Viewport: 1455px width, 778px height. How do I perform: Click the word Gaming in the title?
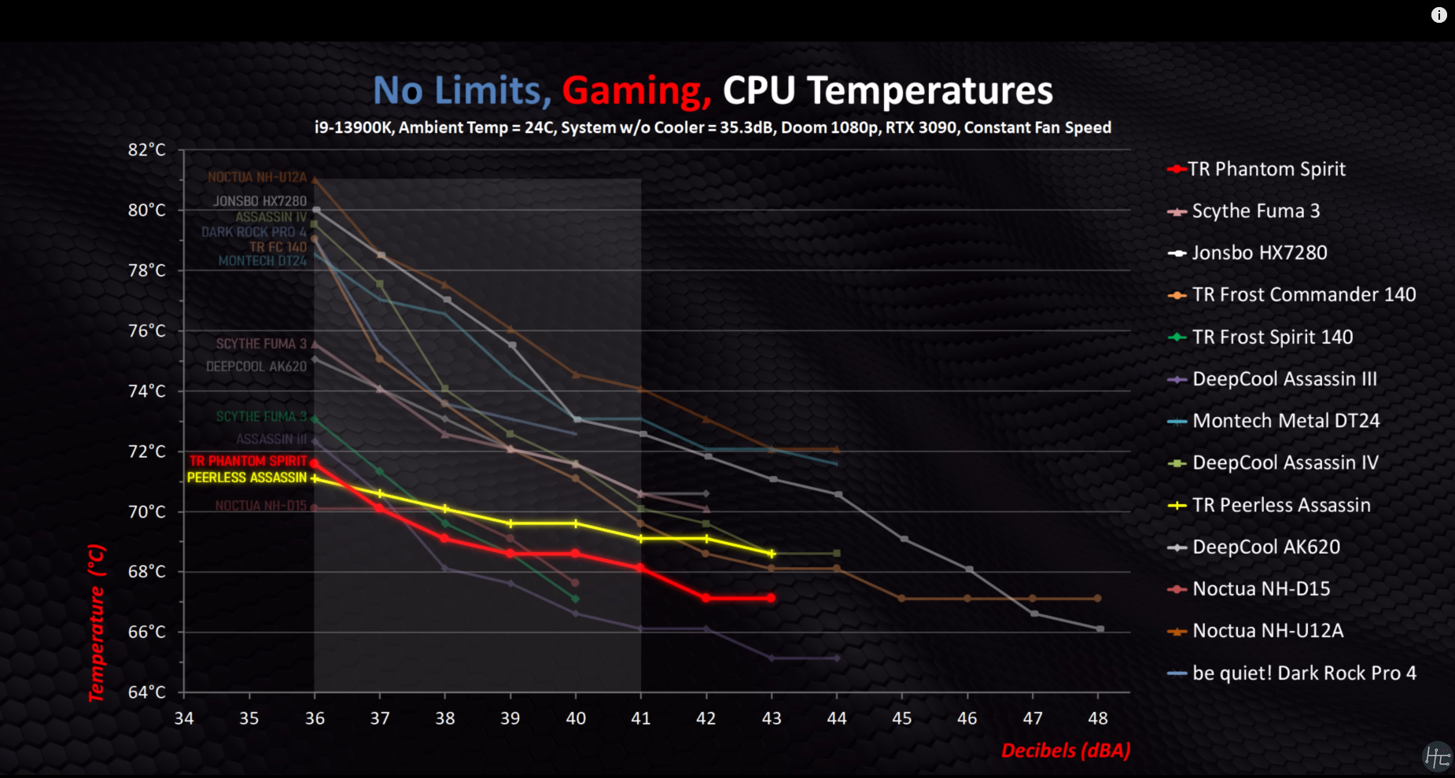(x=636, y=90)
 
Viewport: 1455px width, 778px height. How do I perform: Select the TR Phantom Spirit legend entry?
(x=1266, y=169)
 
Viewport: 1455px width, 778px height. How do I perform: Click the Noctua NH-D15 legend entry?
(x=1261, y=589)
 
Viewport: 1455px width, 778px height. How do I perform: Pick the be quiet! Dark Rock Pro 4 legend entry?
(x=1304, y=673)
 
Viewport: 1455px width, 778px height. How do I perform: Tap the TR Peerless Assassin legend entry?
(x=1281, y=505)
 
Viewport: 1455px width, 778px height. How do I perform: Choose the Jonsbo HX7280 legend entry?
(x=1259, y=253)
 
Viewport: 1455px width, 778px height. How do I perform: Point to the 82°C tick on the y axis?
(x=147, y=149)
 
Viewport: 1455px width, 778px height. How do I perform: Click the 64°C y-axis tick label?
(x=147, y=692)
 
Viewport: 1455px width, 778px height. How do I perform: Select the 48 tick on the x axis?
(x=1098, y=718)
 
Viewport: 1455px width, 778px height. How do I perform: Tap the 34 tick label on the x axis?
(x=184, y=718)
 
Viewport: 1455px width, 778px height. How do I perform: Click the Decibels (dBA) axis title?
(x=1066, y=750)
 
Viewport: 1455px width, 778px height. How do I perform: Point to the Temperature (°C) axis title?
(x=96, y=621)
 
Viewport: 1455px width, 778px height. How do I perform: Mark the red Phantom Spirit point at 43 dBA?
(x=772, y=598)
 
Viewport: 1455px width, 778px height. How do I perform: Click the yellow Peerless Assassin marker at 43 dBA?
(x=772, y=554)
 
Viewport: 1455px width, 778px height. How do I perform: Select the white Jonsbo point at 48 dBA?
(x=1100, y=629)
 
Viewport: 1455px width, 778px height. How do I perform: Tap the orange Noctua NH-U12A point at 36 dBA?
(x=315, y=180)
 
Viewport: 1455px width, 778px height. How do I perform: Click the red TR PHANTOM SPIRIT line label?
(x=248, y=461)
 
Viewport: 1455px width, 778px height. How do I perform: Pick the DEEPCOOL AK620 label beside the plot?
(x=256, y=367)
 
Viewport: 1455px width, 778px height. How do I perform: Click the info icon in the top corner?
(x=1438, y=15)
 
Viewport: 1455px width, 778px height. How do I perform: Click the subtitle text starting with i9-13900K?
(x=713, y=127)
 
